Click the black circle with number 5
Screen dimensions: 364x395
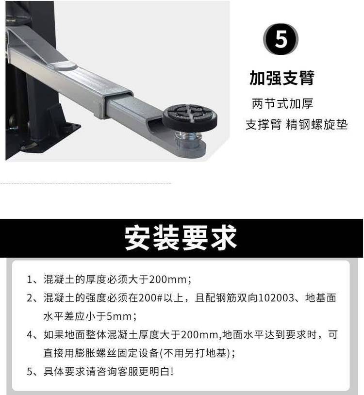click(281, 39)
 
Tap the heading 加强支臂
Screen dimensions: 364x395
click(282, 78)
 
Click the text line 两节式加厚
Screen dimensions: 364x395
click(282, 103)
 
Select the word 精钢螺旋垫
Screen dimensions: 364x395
click(316, 124)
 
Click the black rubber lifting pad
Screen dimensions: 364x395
click(190, 116)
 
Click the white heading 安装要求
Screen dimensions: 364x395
click(181, 238)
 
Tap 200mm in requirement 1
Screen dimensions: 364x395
click(168, 280)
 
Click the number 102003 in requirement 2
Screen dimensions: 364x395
click(276, 298)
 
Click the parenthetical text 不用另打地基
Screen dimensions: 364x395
click(195, 353)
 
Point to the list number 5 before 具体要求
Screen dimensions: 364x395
click(30, 372)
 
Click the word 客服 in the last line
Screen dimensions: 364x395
click(128, 372)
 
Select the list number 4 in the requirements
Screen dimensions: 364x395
click(30, 335)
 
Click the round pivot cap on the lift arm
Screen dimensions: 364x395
click(65, 66)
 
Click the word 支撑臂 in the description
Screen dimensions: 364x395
click(264, 124)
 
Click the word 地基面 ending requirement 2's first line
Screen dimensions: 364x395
click(321, 298)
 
